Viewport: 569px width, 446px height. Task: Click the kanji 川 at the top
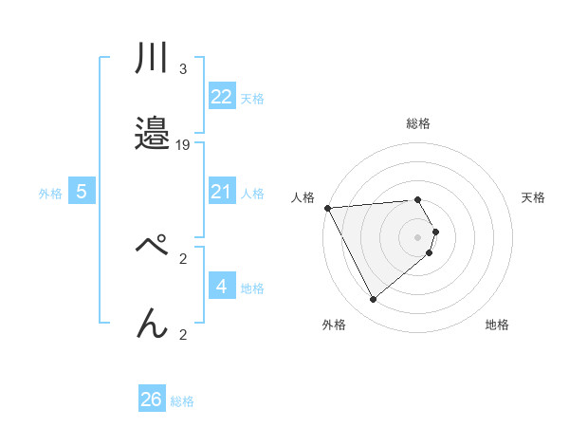(152, 60)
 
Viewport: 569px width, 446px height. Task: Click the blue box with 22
(221, 97)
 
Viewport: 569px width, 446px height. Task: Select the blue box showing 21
(221, 192)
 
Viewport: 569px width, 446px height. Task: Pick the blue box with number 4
(221, 287)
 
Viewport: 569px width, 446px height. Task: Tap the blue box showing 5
(82, 192)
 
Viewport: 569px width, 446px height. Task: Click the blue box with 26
(152, 400)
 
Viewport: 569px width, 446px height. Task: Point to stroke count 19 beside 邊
(183, 145)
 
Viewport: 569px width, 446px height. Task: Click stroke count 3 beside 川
(182, 68)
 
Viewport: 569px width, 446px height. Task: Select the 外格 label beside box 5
(50, 193)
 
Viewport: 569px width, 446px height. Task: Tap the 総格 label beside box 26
(182, 401)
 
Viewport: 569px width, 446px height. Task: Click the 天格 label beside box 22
(252, 98)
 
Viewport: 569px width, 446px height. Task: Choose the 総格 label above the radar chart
(417, 123)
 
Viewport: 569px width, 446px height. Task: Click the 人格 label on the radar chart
(304, 197)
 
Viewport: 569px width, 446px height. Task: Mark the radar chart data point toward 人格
(327, 207)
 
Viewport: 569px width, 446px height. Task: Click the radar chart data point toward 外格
(374, 300)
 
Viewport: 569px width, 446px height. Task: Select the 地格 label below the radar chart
(497, 325)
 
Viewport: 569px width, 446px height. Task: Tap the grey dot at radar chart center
(417, 236)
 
